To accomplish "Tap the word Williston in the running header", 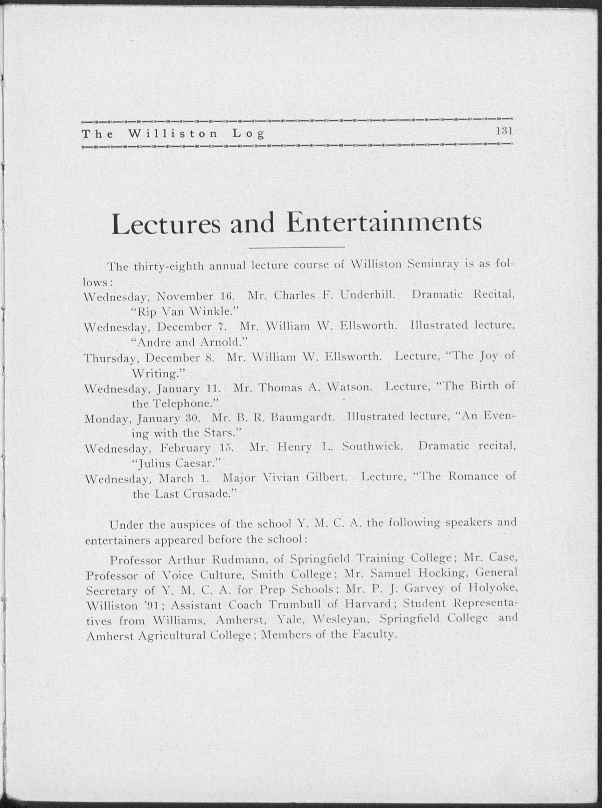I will pyautogui.click(x=173, y=134).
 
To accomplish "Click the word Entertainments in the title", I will pyautogui.click(x=384, y=223).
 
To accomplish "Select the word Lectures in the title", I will pyautogui.click(x=166, y=225).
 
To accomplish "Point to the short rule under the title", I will pyautogui.click(x=297, y=248).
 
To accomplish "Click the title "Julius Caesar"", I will pyautogui.click(x=176, y=464).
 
